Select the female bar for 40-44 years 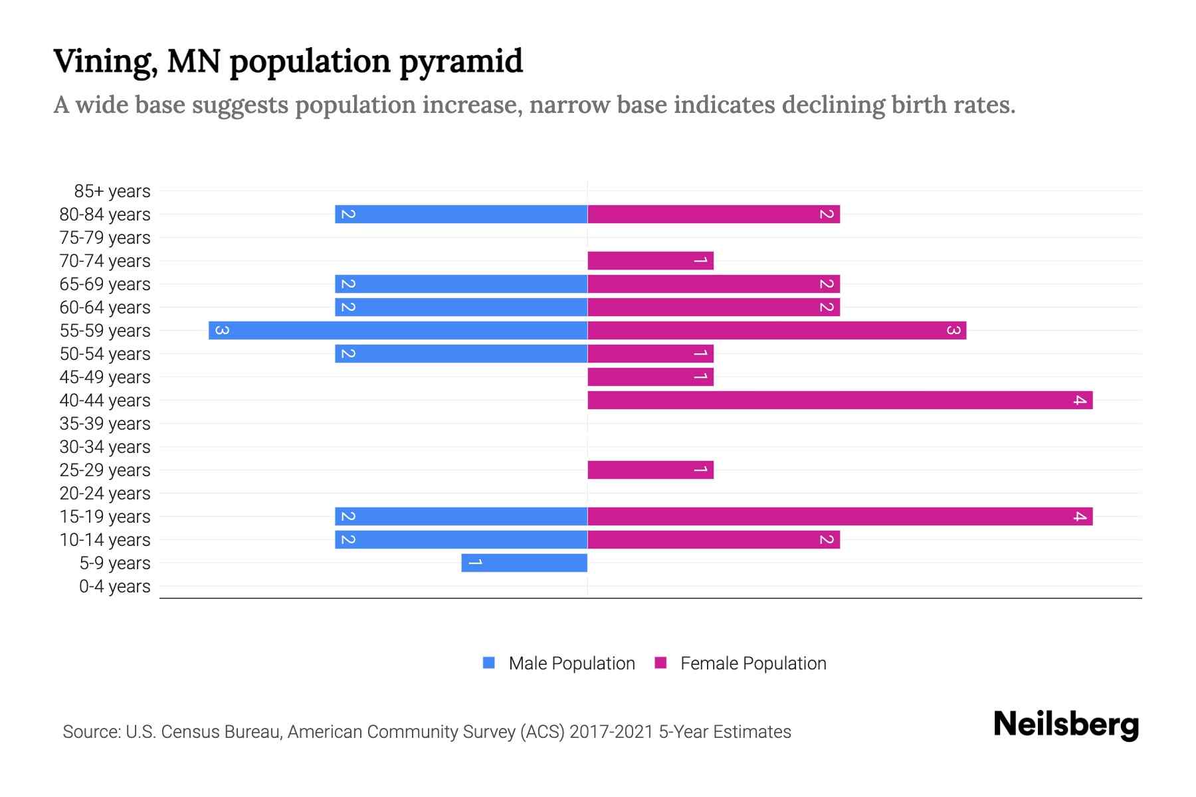[x=840, y=400]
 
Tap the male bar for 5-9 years [x=524, y=563]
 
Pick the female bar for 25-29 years [x=650, y=470]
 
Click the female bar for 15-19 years [x=840, y=516]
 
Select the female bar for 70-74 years [x=650, y=260]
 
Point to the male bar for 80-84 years [x=461, y=214]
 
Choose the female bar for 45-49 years [x=650, y=377]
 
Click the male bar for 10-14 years [x=461, y=539]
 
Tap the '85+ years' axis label [x=112, y=191]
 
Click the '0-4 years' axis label [x=114, y=586]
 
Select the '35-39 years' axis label [x=105, y=424]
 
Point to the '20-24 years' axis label [x=105, y=493]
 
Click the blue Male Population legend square [x=489, y=663]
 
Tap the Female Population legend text [x=753, y=664]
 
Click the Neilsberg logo [x=1066, y=725]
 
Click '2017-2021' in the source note [x=611, y=732]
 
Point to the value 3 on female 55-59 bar [x=953, y=330]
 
